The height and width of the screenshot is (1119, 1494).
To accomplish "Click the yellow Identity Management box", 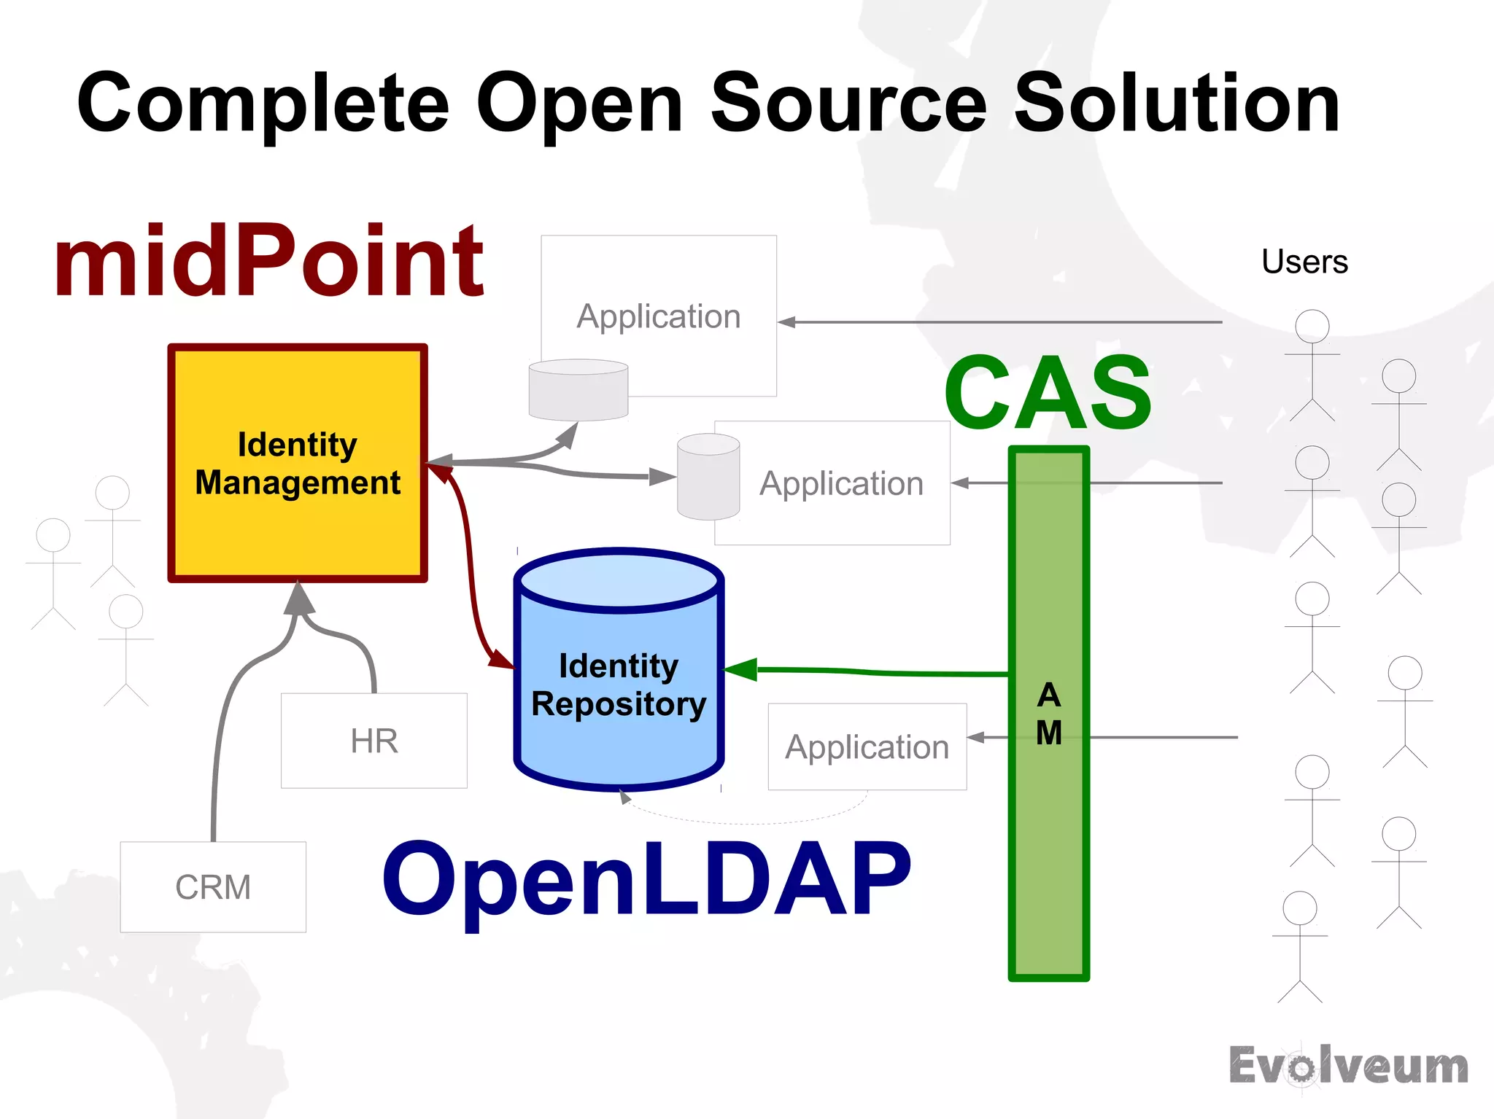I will pos(298,464).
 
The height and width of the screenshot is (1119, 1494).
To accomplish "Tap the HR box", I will pos(373,741).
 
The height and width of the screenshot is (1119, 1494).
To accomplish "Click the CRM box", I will pos(212,887).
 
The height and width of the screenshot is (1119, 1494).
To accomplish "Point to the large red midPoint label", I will pos(268,261).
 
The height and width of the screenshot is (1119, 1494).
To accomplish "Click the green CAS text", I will pos(1048,394).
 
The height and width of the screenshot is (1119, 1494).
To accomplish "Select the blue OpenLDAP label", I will pos(646,878).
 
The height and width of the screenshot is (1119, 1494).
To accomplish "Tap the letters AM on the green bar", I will pos(1049,714).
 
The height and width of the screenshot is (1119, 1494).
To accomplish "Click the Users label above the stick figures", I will pos(1304,262).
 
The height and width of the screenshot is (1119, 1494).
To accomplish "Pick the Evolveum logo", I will pos(1348,1067).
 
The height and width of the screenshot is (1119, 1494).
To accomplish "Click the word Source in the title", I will pos(849,104).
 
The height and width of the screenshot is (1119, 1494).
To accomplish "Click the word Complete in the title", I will pos(263,104).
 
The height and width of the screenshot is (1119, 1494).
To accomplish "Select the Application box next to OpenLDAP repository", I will pos(867,746).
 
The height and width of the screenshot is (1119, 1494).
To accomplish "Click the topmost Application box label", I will pos(658,316).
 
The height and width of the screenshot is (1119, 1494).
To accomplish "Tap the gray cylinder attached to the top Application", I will pos(578,391).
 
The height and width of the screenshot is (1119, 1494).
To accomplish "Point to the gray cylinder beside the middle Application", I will pos(708,477).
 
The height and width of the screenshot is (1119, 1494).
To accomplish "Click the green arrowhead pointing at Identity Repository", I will pos(740,669).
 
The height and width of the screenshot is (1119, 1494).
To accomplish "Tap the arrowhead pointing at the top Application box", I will pos(786,322).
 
